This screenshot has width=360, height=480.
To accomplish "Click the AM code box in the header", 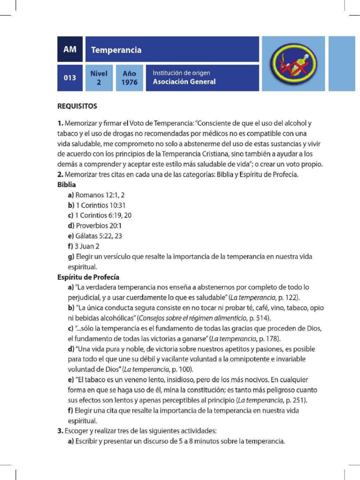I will (70, 49).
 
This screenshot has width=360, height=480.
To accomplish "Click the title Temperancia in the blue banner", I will (116, 50).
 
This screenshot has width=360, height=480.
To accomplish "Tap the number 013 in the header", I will (70, 78).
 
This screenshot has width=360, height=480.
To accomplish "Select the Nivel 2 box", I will (99, 78).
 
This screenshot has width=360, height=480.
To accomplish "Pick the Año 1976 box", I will (129, 78).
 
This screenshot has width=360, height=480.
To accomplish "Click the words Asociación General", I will (184, 82).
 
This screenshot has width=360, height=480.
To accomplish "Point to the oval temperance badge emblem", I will (293, 64).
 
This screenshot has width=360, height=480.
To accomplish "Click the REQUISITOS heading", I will (77, 106).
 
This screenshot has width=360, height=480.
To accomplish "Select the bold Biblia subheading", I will (67, 185).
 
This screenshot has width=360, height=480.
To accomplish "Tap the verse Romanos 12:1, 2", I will (100, 195).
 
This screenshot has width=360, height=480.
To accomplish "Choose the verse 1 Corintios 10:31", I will (101, 205).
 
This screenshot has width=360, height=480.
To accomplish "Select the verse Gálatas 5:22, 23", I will (98, 236).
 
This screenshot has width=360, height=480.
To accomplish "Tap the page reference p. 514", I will (260, 318).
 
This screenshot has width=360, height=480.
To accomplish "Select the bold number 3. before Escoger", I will (60, 431).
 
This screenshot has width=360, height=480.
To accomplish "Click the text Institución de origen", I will (181, 73).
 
